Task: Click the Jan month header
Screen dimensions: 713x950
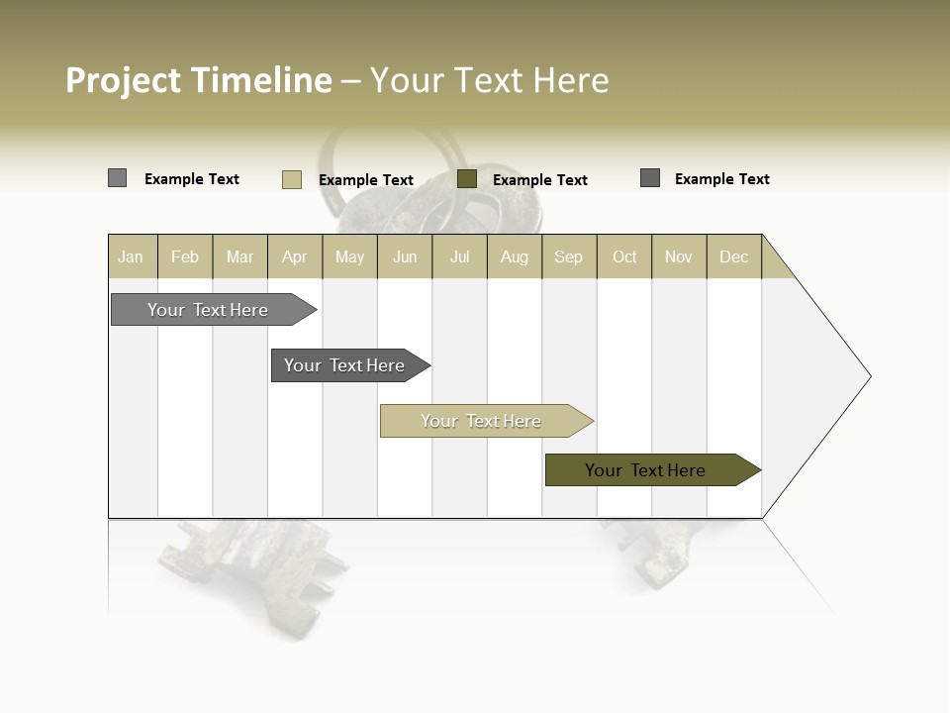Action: [x=132, y=256]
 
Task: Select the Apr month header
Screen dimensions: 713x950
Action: [x=295, y=256]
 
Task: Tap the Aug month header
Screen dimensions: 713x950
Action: [x=515, y=256]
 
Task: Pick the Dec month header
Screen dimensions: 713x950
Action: [x=734, y=256]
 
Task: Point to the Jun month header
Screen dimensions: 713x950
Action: [x=405, y=256]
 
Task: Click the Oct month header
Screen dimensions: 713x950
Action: [x=624, y=256]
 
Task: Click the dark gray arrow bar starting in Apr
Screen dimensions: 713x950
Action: [x=346, y=365]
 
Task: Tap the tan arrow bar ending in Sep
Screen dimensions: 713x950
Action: [x=483, y=421]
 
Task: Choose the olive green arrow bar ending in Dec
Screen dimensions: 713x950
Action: [x=648, y=470]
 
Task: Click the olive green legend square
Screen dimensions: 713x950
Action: [x=467, y=179]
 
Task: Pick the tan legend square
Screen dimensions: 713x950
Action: [x=291, y=179]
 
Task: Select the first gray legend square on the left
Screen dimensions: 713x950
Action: [x=117, y=178]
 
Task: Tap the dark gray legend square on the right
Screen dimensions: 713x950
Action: [x=650, y=178]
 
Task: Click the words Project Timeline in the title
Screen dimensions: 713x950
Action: [x=198, y=80]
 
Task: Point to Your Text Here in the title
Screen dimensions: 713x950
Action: [x=489, y=80]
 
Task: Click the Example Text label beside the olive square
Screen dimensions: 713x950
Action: [x=540, y=180]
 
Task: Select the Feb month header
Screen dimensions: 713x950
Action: [x=185, y=256]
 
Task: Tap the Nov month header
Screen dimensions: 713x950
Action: [x=679, y=256]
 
